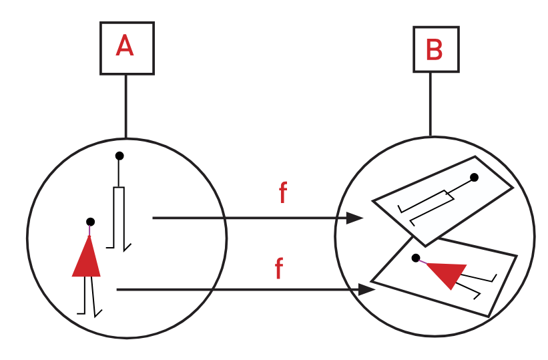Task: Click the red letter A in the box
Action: pyautogui.click(x=127, y=46)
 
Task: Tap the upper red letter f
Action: pyautogui.click(x=283, y=193)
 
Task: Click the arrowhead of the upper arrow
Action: pyautogui.click(x=355, y=218)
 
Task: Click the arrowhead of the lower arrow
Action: pyautogui.click(x=366, y=290)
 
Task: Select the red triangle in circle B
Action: pyautogui.click(x=446, y=273)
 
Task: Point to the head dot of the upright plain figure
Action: pyautogui.click(x=119, y=156)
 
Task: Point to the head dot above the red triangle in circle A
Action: pyautogui.click(x=90, y=221)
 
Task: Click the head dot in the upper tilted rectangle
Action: pyautogui.click(x=474, y=178)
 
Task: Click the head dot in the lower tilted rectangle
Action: pyautogui.click(x=416, y=257)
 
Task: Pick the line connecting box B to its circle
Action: pyautogui.click(x=430, y=104)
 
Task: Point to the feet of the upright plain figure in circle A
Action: pyautogui.click(x=119, y=246)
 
